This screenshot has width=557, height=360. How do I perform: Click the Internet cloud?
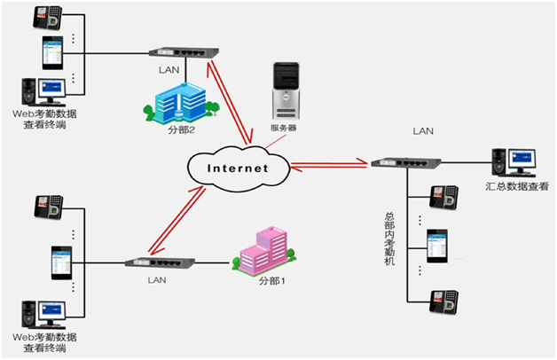[x=238, y=167]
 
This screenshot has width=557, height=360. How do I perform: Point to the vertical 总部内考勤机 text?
[x=389, y=239]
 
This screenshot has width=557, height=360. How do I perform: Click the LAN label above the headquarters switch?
[x=424, y=131]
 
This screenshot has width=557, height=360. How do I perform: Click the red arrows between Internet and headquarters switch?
[x=329, y=162]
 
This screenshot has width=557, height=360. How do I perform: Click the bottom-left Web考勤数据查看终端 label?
[x=45, y=343]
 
